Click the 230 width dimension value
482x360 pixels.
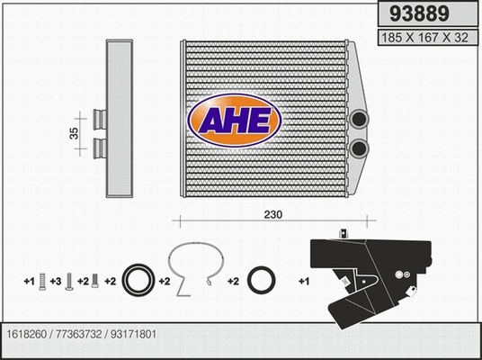[x=274, y=216]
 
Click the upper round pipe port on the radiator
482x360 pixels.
[x=361, y=120]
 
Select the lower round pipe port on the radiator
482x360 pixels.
[x=361, y=148]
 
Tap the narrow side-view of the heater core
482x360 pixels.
[x=119, y=119]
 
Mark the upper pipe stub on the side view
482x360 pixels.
[x=97, y=116]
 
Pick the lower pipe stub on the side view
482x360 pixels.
[x=97, y=145]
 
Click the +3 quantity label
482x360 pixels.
[x=55, y=283]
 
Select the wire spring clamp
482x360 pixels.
[x=193, y=268]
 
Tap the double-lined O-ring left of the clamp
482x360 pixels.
[x=139, y=280]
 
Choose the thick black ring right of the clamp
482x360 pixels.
[x=262, y=281]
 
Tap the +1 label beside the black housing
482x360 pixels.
[x=303, y=283]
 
